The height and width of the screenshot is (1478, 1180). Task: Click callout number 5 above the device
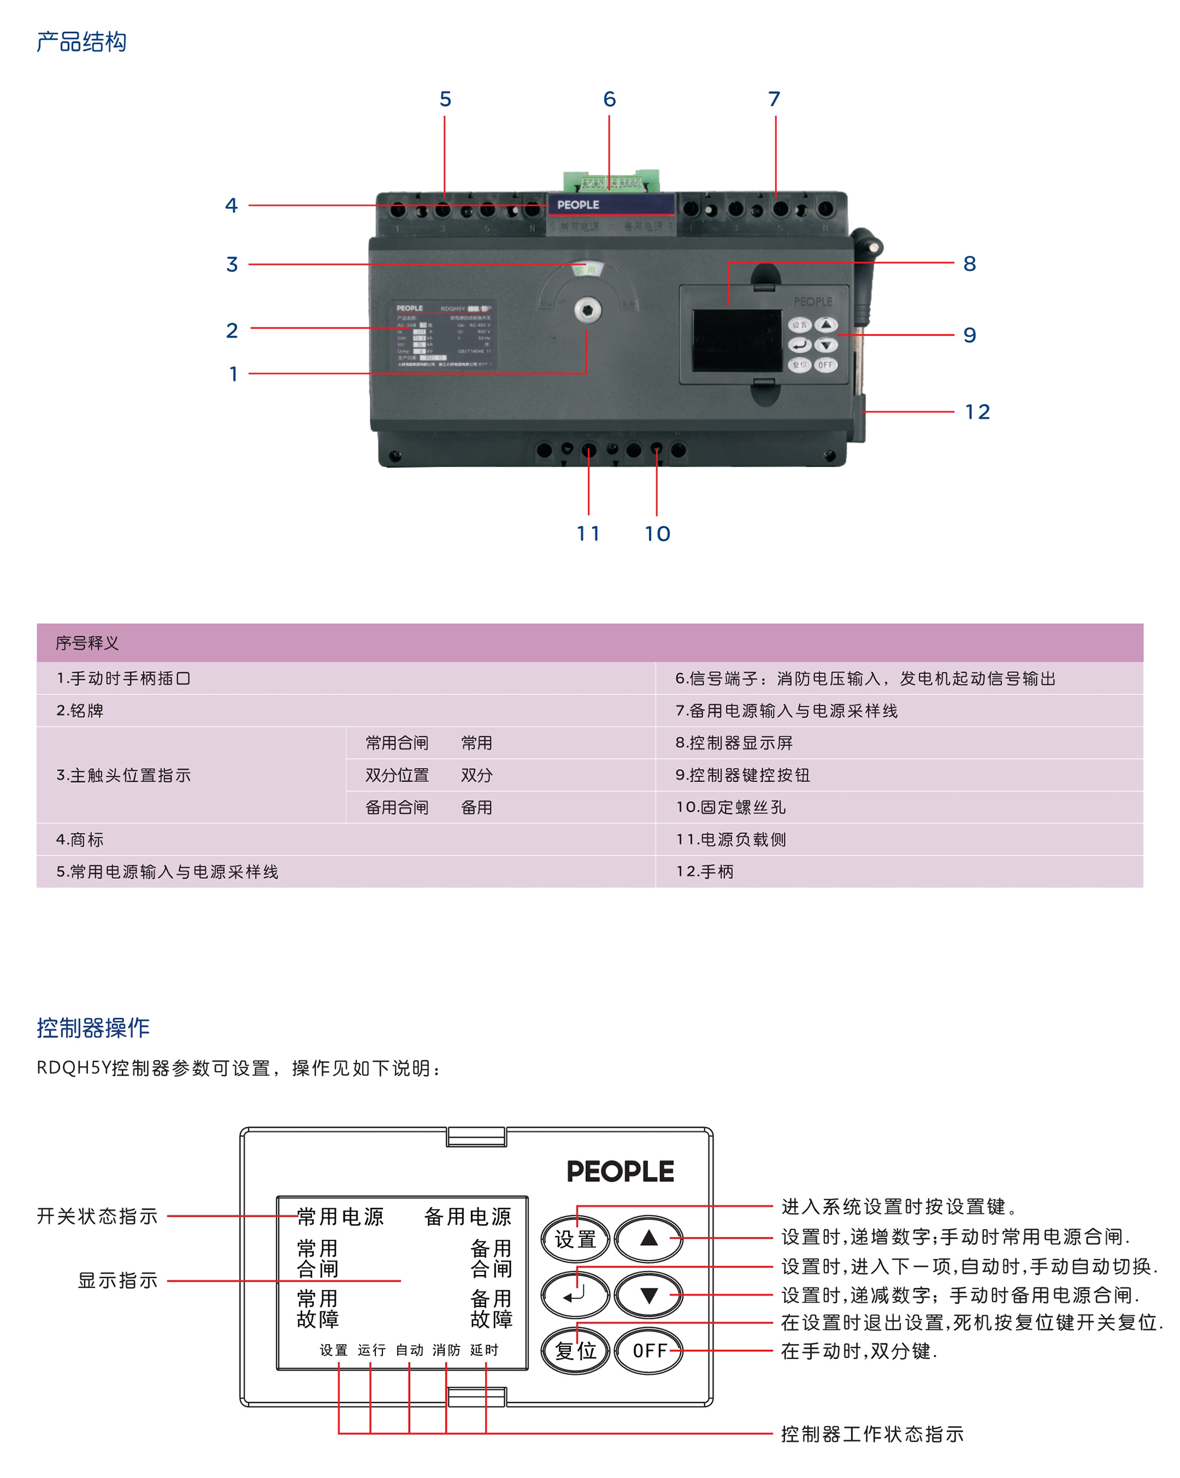coord(445,100)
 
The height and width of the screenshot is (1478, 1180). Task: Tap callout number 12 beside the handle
coord(977,412)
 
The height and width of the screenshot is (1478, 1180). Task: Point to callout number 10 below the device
coord(657,533)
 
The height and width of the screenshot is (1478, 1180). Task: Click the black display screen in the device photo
coord(737,340)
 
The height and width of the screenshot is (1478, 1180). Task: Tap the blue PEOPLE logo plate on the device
coord(610,204)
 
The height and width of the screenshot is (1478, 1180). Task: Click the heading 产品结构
coord(81,42)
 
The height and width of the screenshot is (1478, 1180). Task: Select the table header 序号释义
coord(87,643)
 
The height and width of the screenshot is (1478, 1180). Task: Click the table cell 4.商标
coord(80,840)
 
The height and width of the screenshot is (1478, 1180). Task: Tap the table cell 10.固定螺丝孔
coord(731,807)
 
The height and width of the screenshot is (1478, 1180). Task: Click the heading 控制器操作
coord(93,1027)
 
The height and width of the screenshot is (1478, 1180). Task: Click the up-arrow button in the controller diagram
coord(648,1238)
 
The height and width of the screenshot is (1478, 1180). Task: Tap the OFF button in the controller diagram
coord(648,1351)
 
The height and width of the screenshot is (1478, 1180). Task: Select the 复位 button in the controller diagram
coord(575,1351)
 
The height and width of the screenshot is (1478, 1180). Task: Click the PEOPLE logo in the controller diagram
coord(620,1171)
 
